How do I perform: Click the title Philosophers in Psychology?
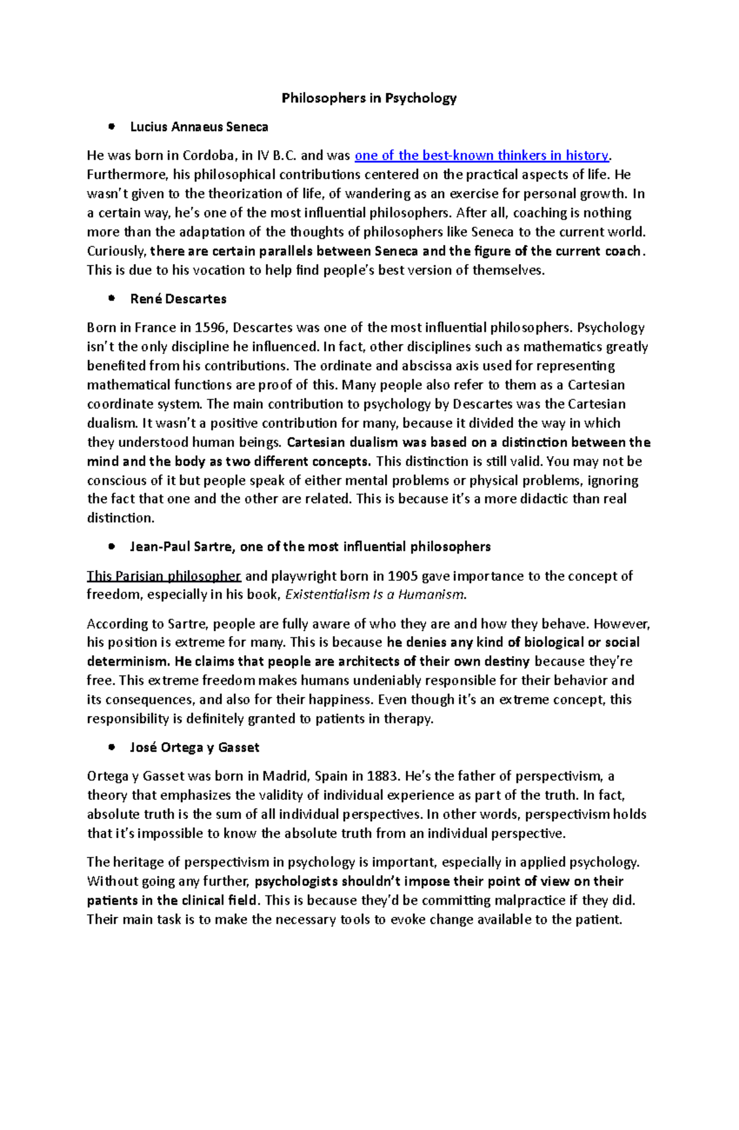tap(369, 98)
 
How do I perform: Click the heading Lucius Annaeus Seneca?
tap(199, 127)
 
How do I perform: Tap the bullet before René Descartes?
tap(111, 299)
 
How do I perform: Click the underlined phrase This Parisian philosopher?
tap(163, 576)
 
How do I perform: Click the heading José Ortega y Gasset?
tap(195, 748)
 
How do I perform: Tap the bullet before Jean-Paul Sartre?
tap(111, 547)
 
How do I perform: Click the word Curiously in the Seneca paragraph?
tap(116, 251)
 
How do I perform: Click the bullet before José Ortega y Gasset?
tap(111, 748)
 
